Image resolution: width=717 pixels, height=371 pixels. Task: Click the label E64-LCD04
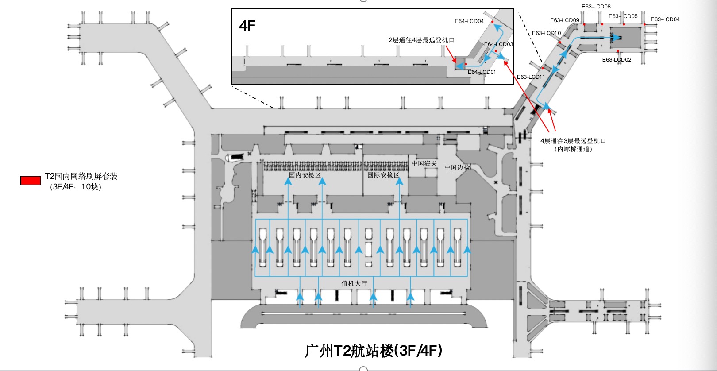pos(469,21)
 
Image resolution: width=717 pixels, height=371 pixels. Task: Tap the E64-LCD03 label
pos(498,44)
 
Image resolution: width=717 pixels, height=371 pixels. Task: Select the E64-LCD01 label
pos(482,72)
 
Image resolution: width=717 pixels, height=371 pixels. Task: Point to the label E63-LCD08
pos(596,7)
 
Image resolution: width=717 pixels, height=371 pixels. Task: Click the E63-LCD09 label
pos(564,20)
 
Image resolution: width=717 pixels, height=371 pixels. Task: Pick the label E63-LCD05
pos(623,16)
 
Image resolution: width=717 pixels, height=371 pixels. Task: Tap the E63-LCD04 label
pos(665,19)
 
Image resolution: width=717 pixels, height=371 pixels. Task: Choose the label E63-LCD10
pos(546,33)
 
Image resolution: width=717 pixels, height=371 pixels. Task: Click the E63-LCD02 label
pos(617,60)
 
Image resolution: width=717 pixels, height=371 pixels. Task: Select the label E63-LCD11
pos(531,77)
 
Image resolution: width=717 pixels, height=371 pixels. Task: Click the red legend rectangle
pos(31,181)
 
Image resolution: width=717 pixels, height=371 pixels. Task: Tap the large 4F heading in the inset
pos(247,26)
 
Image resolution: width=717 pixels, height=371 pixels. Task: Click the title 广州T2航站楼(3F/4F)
pos(374,351)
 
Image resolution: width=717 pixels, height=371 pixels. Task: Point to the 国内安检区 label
pos(305,175)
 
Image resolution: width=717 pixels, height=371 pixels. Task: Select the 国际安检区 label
pos(383,175)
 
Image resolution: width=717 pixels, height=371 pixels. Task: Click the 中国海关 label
pos(424,164)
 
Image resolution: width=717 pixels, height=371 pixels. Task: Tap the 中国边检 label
pos(457,167)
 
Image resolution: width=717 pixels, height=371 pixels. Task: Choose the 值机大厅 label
pos(354,283)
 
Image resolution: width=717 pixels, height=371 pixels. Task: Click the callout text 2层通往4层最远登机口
pos(421,40)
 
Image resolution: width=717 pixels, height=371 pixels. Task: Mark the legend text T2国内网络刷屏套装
pos(81,177)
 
